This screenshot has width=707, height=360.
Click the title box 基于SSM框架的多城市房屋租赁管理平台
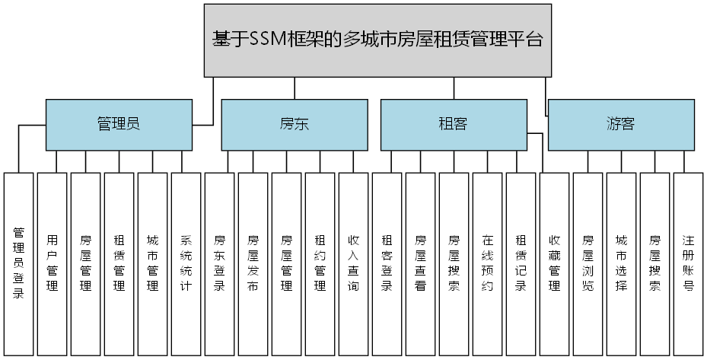point(377,40)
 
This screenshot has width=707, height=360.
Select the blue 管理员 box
point(119,125)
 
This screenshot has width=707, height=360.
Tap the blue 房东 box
point(294,125)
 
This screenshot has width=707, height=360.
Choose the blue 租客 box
point(454,125)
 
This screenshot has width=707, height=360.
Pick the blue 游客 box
point(621,125)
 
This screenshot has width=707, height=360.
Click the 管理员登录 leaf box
point(19,263)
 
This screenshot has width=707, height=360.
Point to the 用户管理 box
point(53,263)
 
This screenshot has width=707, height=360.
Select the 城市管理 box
point(153,263)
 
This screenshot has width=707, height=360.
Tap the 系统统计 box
point(186,263)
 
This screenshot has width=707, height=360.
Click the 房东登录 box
point(220,263)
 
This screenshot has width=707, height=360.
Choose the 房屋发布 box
point(253,263)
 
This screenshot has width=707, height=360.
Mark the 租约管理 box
point(320,263)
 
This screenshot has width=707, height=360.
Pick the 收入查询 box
point(354,263)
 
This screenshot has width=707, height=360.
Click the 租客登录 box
point(387,263)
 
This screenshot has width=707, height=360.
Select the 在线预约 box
point(488,263)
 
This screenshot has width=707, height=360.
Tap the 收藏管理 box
point(555,263)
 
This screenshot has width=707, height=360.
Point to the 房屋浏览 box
point(588,263)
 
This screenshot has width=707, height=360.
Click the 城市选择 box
point(622,263)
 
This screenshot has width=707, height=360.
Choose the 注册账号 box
point(689,263)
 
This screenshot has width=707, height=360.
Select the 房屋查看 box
point(421,263)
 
